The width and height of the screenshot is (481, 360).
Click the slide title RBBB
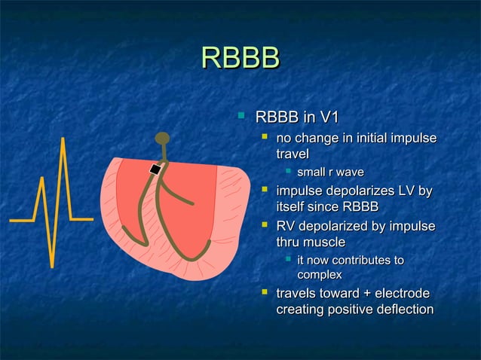(240, 59)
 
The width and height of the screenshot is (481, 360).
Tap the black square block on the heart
(155, 169)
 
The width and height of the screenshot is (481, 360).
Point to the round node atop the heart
(162, 138)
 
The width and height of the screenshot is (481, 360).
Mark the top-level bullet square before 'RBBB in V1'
(240, 116)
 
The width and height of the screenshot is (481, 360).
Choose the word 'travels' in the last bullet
(299, 293)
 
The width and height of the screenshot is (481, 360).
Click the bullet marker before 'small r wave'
(288, 173)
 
